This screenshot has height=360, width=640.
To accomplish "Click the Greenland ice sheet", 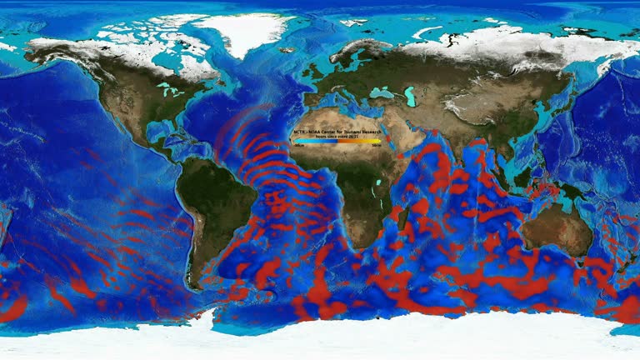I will tap(250, 33).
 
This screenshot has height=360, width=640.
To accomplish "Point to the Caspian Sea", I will tap(410, 96).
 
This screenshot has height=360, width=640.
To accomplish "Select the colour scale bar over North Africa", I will tap(337, 142).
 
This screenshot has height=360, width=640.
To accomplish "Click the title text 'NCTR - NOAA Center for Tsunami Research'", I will tap(337, 132).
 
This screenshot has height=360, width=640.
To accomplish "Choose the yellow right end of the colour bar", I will tap(377, 142).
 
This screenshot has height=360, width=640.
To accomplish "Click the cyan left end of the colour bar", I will tap(297, 142).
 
